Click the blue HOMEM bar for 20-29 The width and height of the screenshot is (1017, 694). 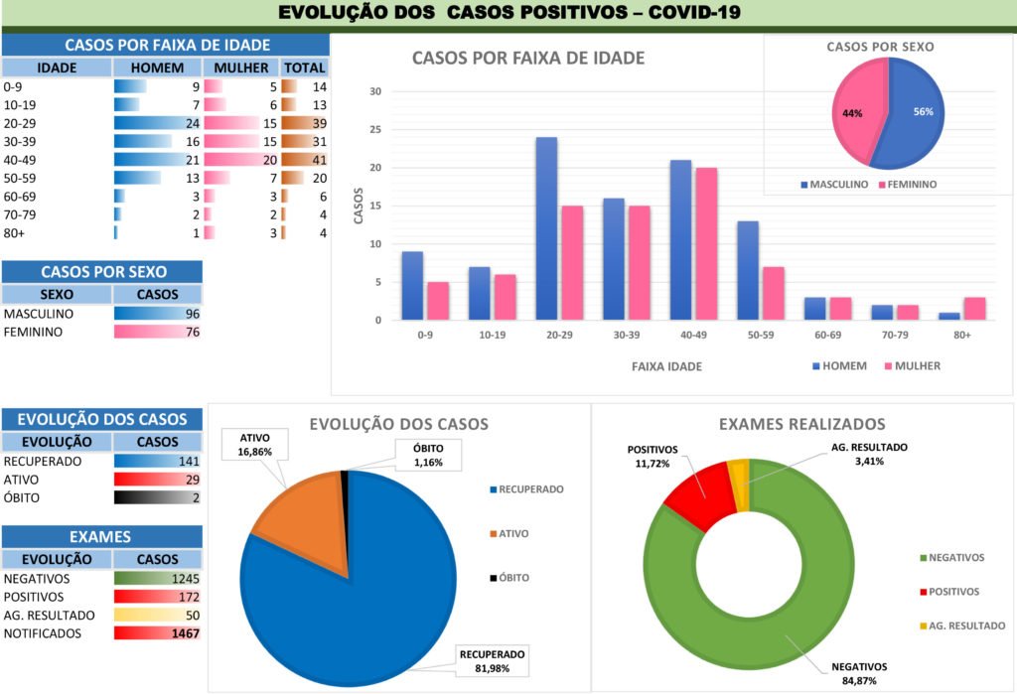[x=546, y=228]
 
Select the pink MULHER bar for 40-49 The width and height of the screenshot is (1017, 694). [x=705, y=243]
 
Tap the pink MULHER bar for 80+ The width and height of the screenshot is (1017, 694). [x=974, y=308]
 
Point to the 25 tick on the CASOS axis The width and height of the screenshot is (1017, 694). [x=375, y=129]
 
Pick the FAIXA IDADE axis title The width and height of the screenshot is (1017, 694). [x=666, y=366]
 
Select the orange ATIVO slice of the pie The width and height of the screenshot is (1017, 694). [x=298, y=516]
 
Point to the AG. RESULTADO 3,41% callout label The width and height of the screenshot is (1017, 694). [x=869, y=454]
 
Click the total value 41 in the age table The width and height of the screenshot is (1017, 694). [x=318, y=159]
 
